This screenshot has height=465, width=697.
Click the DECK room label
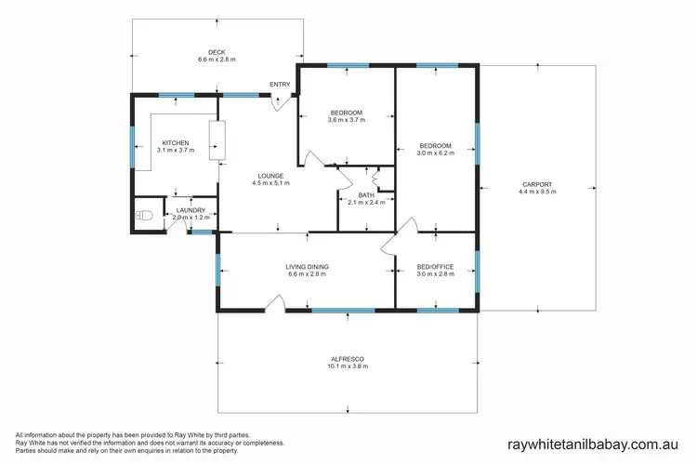click(x=217, y=52)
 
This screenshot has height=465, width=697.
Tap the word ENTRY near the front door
click(x=280, y=85)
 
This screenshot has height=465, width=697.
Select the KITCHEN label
click(x=176, y=143)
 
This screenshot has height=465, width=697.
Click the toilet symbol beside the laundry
click(x=143, y=215)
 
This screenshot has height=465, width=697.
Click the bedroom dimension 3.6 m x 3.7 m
click(x=347, y=120)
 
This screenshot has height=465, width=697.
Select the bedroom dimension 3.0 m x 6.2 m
click(x=435, y=153)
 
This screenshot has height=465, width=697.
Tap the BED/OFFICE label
click(x=435, y=267)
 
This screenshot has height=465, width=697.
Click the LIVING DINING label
click(x=307, y=267)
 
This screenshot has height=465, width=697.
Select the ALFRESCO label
click(x=348, y=359)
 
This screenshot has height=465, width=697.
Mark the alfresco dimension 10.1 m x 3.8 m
click(x=348, y=367)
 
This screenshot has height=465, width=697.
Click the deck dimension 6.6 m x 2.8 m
click(x=217, y=60)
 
